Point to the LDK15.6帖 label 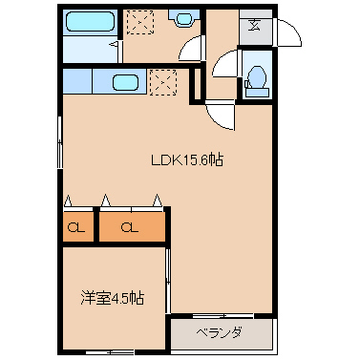click(x=187, y=160)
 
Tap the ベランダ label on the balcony click(x=220, y=333)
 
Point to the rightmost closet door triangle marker click(x=159, y=201)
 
